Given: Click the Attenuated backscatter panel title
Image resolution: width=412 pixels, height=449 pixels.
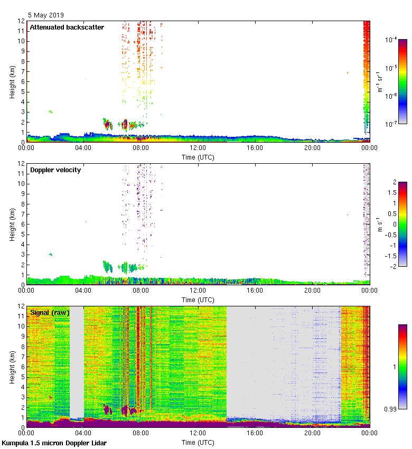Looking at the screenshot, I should point(67,27).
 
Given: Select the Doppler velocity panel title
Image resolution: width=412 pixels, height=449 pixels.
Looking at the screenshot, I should point(55,170).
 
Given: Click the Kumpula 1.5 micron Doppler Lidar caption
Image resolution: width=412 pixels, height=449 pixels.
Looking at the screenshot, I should point(54,443).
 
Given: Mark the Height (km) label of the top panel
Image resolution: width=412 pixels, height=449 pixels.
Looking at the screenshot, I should point(12,81).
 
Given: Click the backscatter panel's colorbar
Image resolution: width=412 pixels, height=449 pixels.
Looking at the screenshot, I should point(402,81).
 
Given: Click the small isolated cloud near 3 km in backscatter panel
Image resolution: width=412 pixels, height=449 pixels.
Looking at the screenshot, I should point(51,111).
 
